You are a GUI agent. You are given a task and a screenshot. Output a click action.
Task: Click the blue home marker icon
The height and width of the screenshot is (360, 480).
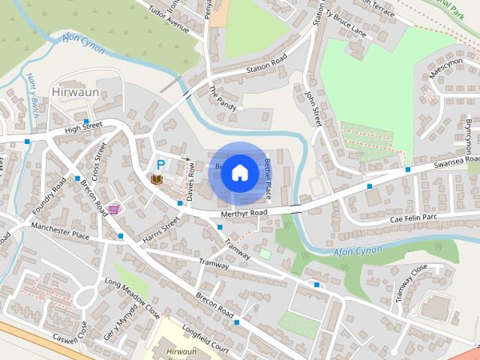[x=239, y=172]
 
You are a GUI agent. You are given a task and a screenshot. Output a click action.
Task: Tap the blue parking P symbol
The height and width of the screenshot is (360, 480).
[x=160, y=163]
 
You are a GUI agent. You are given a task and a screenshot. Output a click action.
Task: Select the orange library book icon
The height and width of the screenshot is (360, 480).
[x=157, y=179]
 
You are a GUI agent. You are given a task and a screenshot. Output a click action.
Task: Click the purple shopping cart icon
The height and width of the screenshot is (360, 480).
[x=114, y=209]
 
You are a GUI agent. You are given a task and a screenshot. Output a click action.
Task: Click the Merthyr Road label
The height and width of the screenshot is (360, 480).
[x=243, y=213]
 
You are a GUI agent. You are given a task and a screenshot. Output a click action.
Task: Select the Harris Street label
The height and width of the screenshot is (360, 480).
[x=160, y=231]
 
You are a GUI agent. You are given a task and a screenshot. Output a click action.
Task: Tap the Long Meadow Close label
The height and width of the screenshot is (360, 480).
[x=132, y=295]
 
